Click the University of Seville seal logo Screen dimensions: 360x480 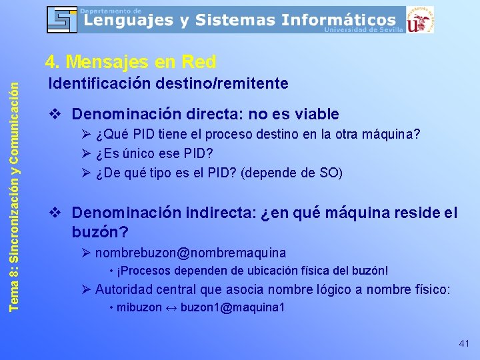[x=419, y=19]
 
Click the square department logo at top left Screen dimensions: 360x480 [x=61, y=19]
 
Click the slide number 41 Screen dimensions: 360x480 [x=464, y=343]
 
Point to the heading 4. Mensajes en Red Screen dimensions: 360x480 [x=130, y=62]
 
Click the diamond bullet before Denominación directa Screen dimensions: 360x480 [x=58, y=114]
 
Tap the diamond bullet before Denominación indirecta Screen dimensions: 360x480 [x=58, y=213]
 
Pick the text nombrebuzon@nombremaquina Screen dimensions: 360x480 [x=190, y=253]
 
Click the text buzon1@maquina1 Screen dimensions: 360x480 [x=233, y=307]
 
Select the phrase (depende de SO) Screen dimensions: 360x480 [x=291, y=173]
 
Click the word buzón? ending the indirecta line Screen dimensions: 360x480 [x=100, y=232]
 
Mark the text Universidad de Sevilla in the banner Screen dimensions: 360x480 [x=363, y=29]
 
